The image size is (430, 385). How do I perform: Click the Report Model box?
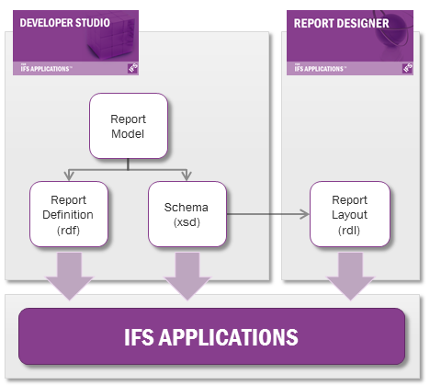(128, 127)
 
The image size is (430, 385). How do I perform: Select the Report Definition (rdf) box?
(69, 214)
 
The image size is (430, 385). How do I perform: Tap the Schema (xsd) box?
(188, 214)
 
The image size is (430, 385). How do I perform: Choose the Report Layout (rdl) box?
(349, 214)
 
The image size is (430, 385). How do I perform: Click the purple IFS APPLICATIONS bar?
(211, 336)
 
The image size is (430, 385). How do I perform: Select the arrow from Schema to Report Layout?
(266, 214)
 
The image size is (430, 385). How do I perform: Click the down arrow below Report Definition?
(69, 274)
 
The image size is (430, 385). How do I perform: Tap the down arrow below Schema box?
(188, 274)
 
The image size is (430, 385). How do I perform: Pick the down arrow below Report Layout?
(349, 274)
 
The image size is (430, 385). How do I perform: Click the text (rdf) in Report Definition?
(69, 231)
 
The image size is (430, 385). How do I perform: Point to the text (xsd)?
(188, 223)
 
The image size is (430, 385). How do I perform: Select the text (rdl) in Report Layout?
(349, 231)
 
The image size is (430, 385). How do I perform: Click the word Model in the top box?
(128, 134)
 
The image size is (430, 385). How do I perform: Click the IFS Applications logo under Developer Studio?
(45, 67)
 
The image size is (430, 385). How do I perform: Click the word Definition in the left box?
(69, 215)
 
